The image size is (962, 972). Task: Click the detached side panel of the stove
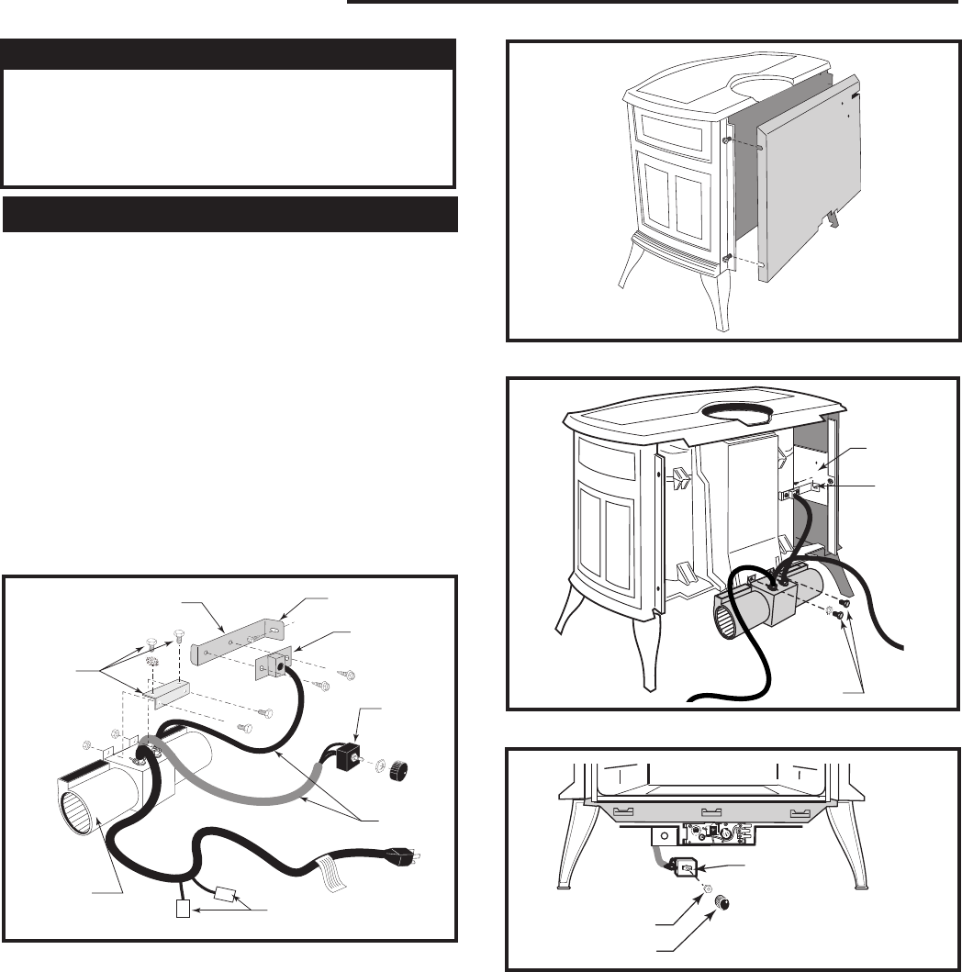(812, 197)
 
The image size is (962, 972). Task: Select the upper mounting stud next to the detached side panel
(727, 140)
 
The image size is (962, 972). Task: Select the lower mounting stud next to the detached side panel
(727, 259)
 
